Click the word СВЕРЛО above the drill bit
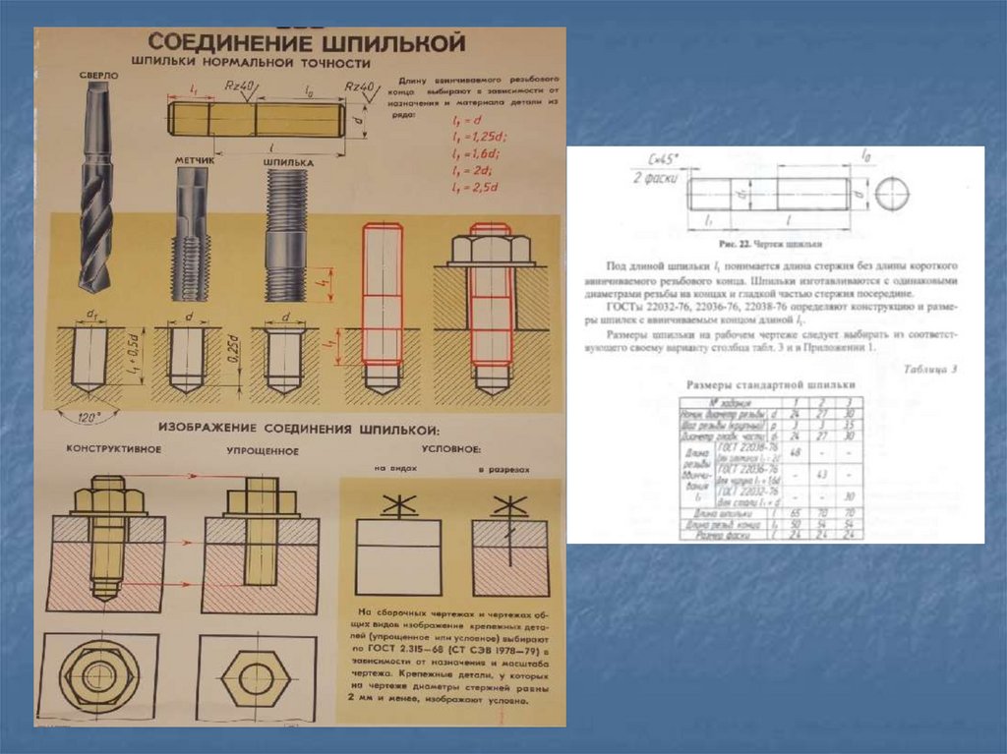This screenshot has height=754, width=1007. (100, 75)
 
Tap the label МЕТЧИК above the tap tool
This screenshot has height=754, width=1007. (194, 158)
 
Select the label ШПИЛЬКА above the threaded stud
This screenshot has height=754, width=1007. (289, 158)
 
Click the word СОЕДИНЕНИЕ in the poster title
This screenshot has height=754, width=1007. (231, 45)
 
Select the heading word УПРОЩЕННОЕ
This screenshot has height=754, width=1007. (263, 449)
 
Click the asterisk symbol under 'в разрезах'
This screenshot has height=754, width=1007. (508, 507)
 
